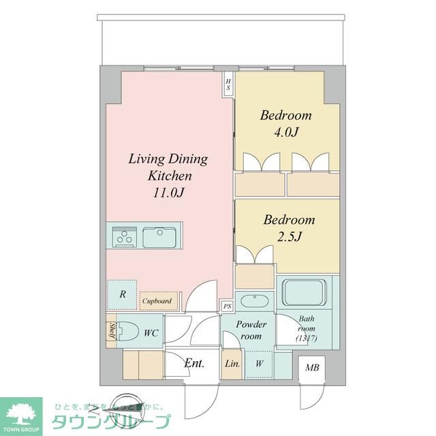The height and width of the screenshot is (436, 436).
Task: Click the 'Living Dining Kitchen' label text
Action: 168,167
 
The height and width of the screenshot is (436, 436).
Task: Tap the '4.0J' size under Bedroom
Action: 286,132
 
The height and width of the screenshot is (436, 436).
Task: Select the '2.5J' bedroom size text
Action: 290,236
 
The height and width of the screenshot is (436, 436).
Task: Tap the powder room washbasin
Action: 255,301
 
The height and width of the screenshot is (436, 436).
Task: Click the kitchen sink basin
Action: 161,237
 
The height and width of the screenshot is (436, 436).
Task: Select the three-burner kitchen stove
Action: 124,238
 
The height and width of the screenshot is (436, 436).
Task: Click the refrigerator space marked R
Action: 122,294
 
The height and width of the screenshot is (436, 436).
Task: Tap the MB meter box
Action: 312,369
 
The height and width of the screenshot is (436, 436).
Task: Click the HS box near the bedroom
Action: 229,85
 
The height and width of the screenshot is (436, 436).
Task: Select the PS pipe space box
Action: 227,307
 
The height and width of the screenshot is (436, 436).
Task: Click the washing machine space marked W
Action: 259,364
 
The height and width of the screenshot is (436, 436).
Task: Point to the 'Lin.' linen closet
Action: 232,364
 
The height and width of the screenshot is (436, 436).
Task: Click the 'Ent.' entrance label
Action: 194,363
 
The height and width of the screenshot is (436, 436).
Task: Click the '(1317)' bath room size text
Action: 307,339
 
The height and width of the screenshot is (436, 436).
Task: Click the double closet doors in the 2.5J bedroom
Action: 255,254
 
